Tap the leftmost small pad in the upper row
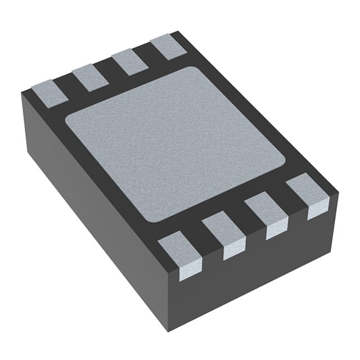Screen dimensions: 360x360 (49, 92)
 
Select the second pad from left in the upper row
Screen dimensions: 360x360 (90, 76)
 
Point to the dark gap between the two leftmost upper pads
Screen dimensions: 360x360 (70, 85)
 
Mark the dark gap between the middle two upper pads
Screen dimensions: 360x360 (110, 70)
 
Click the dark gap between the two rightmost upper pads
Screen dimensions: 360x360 (150, 54)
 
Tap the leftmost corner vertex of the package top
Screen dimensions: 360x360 (21, 93)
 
